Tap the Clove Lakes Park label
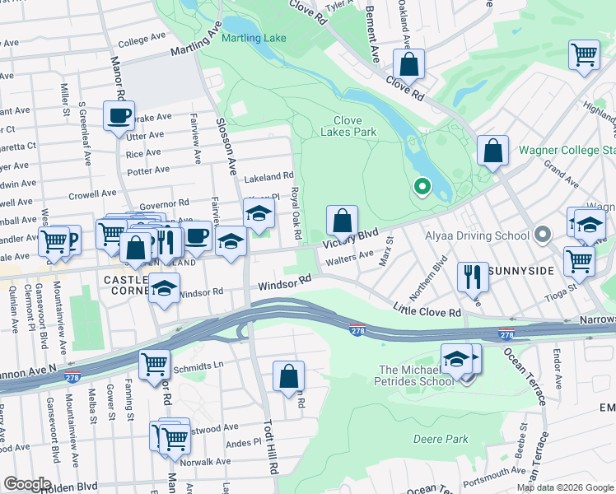348,126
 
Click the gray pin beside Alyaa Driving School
542,236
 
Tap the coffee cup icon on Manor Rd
119,114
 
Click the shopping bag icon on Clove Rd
408,63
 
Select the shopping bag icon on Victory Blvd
342,221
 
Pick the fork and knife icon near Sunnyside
473,276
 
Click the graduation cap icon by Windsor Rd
164,288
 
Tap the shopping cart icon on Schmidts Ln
154,363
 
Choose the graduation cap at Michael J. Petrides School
456,358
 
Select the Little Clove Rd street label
427,313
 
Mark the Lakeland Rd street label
268,176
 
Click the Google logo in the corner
27,484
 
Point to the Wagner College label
567,151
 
